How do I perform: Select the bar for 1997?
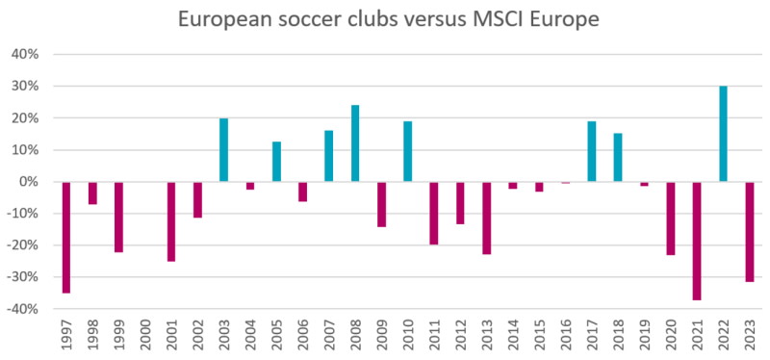[66, 237]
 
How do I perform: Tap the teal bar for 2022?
[723, 134]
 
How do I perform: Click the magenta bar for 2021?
[697, 241]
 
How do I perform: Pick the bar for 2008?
[355, 143]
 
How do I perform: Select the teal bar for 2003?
[224, 150]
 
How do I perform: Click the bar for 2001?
[171, 221]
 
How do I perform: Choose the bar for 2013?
[487, 218]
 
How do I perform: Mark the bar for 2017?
[592, 151]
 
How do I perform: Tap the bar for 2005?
[277, 162]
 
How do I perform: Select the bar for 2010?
[408, 151]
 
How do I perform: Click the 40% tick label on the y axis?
[23, 55]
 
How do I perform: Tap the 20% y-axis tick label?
[23, 118]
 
